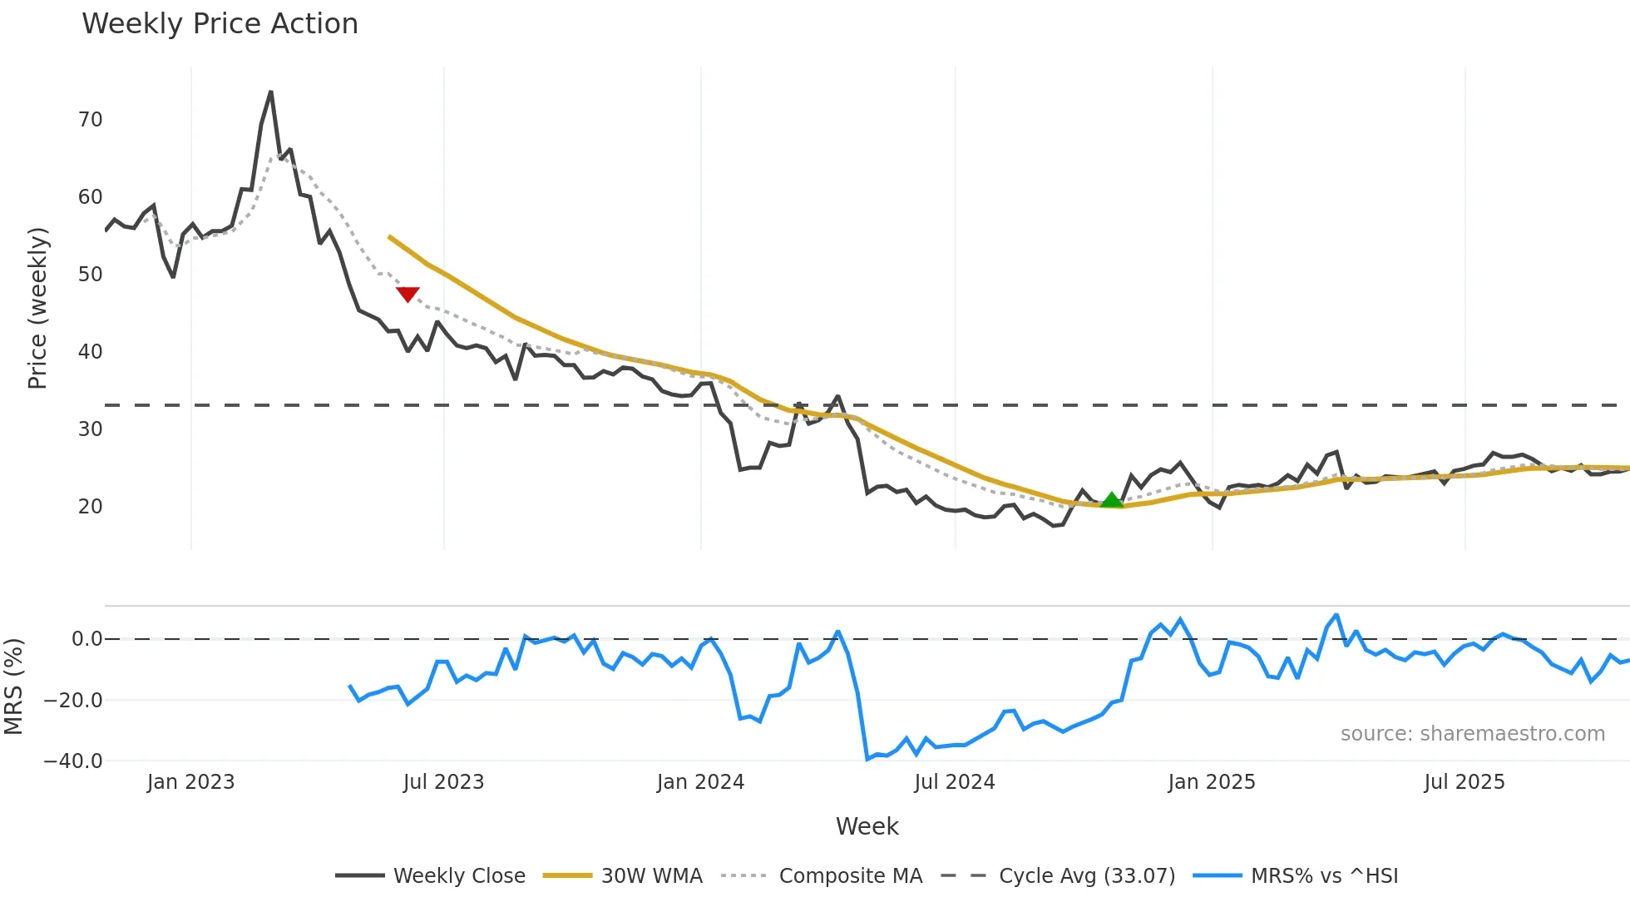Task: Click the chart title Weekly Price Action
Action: point(220,24)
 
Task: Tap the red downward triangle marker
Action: point(407,294)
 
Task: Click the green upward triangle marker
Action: point(1112,500)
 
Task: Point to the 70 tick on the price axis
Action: point(91,120)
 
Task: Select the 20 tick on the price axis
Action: point(91,507)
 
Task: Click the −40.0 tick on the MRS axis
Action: point(73,761)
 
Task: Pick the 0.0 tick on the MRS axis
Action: point(86,639)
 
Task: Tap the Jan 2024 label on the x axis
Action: point(700,782)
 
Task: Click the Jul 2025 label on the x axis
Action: point(1465,782)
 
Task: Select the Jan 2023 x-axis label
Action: point(190,782)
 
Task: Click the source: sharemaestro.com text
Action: point(1472,734)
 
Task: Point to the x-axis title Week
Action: point(867,826)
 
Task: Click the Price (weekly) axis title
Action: point(38,308)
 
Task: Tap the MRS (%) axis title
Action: point(13,687)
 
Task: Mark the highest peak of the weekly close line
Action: point(271,92)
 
